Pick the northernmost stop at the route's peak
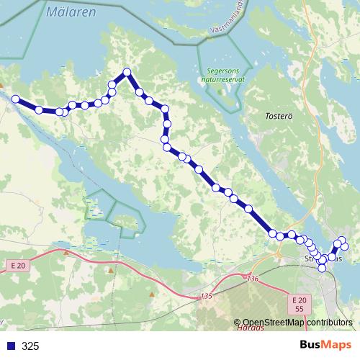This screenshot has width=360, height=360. pos(127,72)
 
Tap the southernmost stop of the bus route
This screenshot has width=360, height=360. pos(322,268)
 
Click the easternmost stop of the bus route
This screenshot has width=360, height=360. pos(345,247)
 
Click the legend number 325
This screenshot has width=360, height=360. pos(30,346)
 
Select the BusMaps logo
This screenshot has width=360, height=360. pos(325,346)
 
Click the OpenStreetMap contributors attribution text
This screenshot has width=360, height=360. pos(297,323)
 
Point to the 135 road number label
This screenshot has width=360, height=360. pos(207,295)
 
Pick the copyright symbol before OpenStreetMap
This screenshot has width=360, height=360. pos(237,323)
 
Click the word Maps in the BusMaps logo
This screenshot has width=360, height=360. pos(337,346)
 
